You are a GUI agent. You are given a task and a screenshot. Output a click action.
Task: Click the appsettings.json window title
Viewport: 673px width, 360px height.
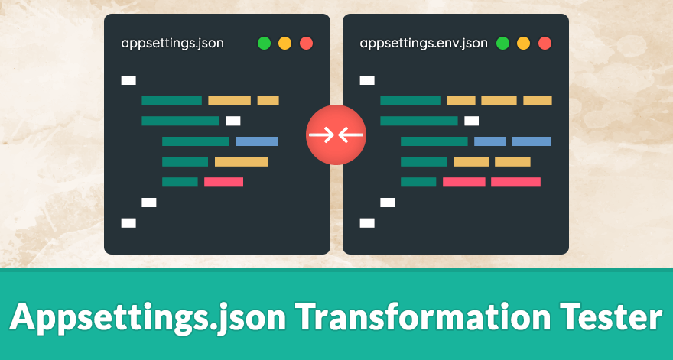click(x=172, y=43)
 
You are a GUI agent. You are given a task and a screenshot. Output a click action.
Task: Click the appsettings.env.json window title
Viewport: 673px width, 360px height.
click(x=423, y=43)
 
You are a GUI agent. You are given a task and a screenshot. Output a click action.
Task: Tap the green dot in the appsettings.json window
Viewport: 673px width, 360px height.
click(x=264, y=43)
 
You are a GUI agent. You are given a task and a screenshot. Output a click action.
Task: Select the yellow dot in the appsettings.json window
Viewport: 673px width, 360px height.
click(x=284, y=43)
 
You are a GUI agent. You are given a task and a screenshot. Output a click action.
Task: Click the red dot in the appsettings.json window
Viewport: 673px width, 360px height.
click(x=306, y=43)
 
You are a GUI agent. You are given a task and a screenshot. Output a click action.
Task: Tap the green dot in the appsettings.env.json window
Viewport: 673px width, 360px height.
click(x=502, y=43)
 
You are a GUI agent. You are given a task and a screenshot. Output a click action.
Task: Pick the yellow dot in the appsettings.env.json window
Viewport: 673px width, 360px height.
click(x=524, y=43)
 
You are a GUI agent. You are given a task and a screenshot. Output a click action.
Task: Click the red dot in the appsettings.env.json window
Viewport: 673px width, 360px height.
click(x=545, y=43)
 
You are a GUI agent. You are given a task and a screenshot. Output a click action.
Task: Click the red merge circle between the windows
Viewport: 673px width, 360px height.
click(x=336, y=135)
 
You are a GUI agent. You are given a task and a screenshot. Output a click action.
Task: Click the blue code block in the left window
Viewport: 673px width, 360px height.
click(x=257, y=141)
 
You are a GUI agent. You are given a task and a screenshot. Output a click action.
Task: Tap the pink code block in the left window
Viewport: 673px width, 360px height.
click(x=223, y=182)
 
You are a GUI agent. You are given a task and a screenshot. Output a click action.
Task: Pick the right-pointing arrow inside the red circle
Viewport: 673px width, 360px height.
click(x=322, y=135)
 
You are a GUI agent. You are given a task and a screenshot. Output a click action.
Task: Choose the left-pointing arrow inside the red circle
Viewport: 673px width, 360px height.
click(x=350, y=135)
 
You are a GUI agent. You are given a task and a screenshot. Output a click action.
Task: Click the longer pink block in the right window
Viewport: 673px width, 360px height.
click(x=515, y=182)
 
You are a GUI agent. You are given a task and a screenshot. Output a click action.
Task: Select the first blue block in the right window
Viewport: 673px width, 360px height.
click(x=490, y=141)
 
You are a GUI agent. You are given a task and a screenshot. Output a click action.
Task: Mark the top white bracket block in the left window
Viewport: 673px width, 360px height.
click(x=128, y=79)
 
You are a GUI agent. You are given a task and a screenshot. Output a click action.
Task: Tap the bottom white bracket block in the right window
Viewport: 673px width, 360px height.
click(x=367, y=222)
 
